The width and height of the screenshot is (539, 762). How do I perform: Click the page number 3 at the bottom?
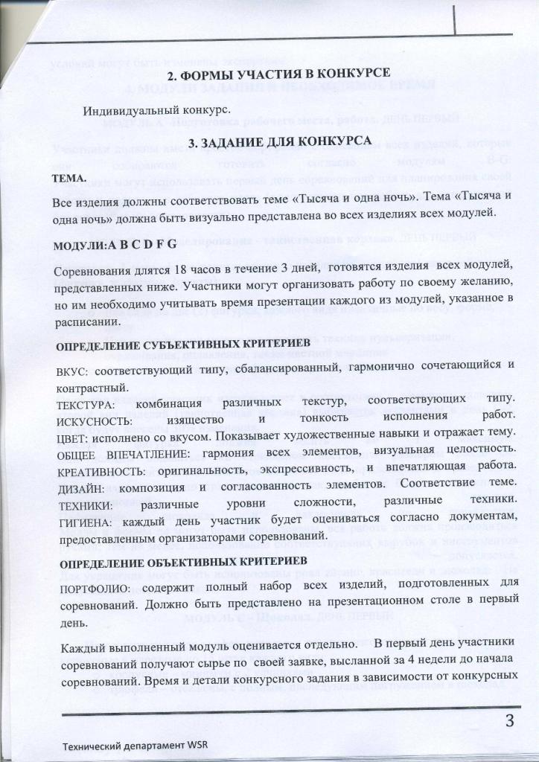coord(509,721)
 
